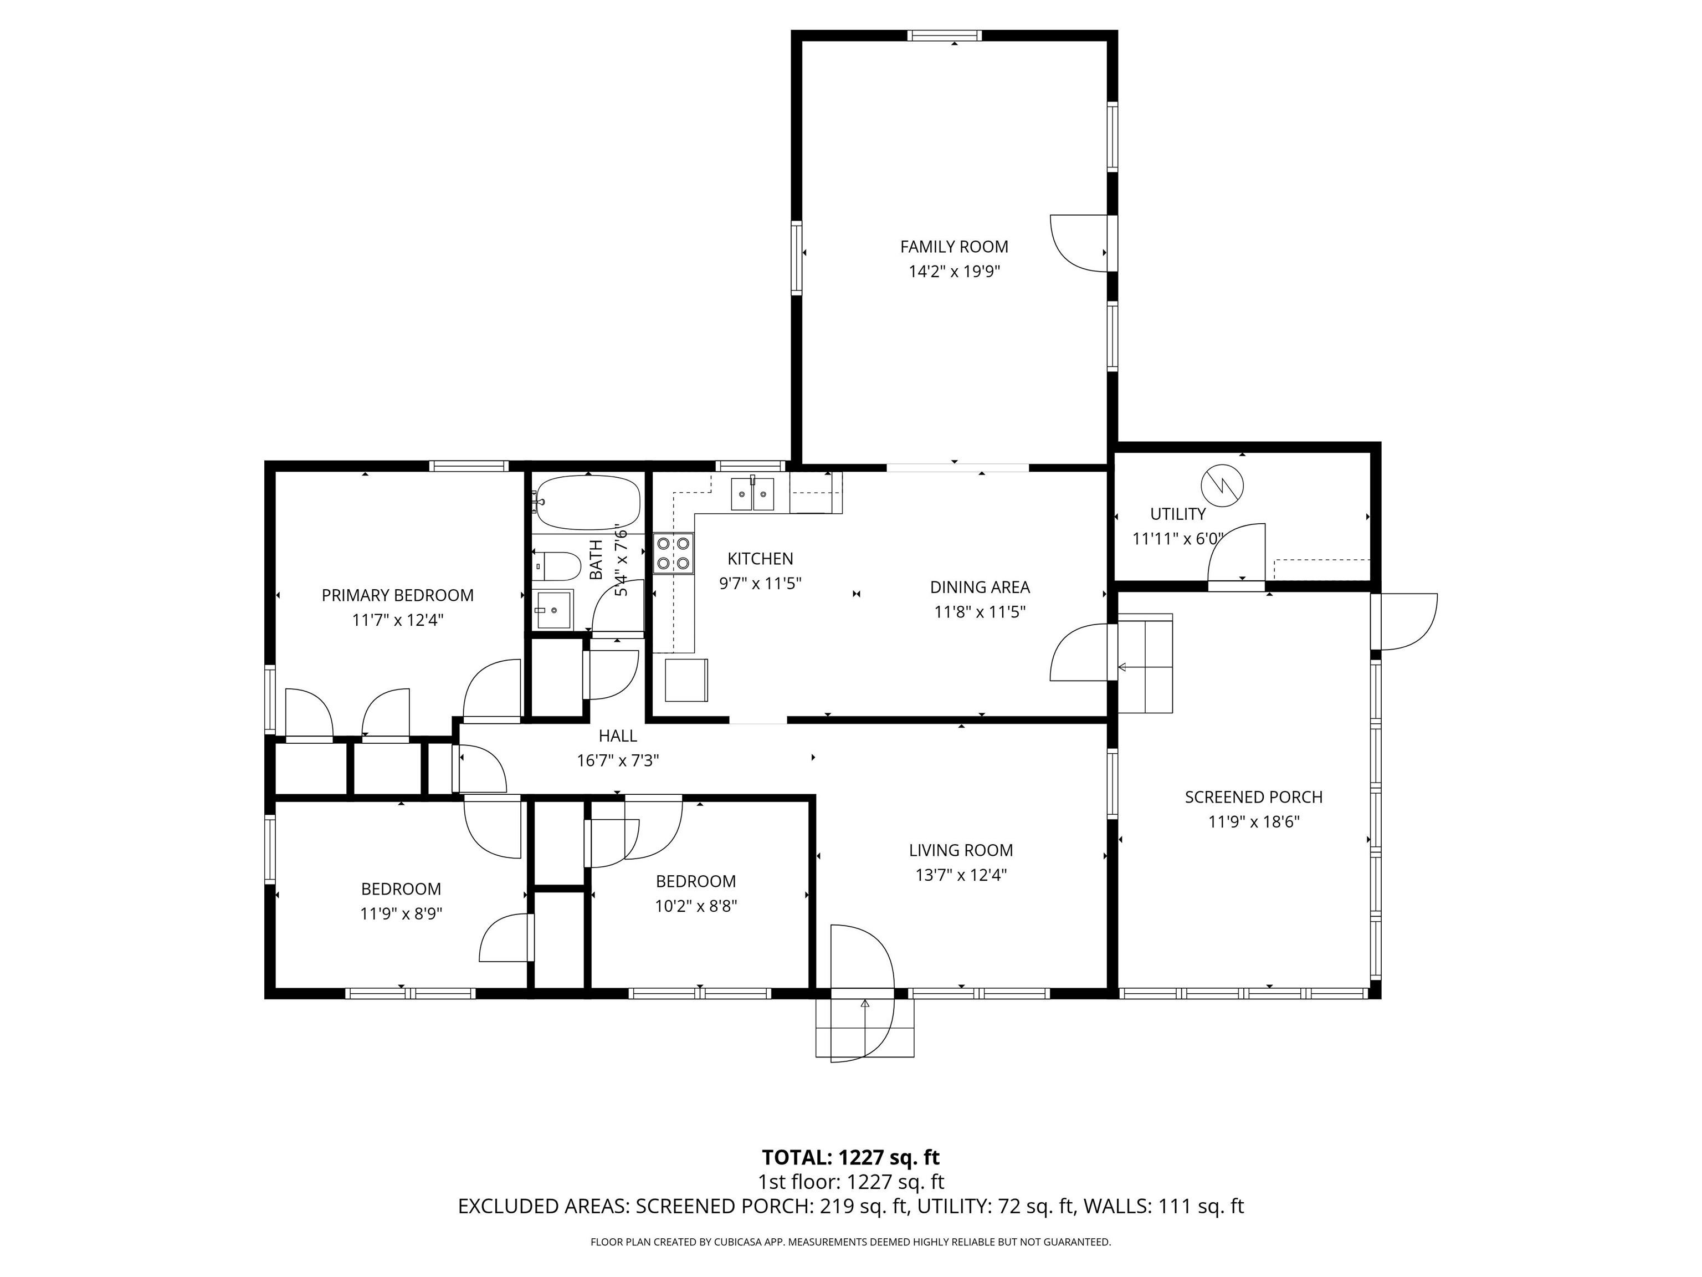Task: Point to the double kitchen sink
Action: (x=752, y=493)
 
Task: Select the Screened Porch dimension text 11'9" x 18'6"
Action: (x=1253, y=822)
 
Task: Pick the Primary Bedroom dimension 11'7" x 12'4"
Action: (x=398, y=620)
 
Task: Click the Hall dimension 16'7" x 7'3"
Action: (x=618, y=760)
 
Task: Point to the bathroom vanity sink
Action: (x=554, y=610)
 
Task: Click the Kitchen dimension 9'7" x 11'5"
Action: (x=760, y=584)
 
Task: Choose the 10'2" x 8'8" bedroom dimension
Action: (x=695, y=906)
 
